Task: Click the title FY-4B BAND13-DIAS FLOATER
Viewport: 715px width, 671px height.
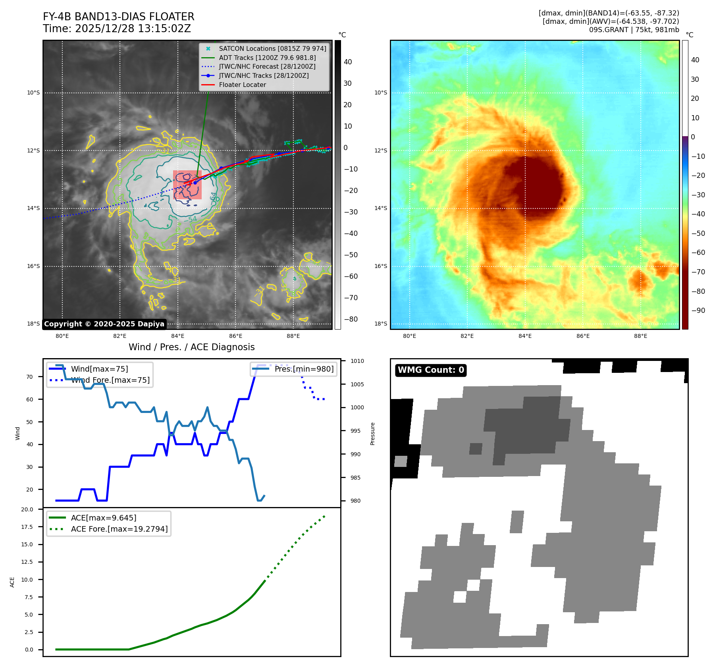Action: pyautogui.click(x=118, y=17)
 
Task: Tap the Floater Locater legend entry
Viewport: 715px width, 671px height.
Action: pyautogui.click(x=242, y=85)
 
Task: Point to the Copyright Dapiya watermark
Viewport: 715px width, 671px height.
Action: pyautogui.click(x=104, y=324)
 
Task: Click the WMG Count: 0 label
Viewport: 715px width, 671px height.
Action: pyautogui.click(x=431, y=370)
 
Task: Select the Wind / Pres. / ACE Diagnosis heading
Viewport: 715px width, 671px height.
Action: pyautogui.click(x=191, y=347)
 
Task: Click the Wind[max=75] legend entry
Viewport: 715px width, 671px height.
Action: pyautogui.click(x=99, y=369)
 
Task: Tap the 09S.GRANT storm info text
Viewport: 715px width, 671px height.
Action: pyautogui.click(x=634, y=30)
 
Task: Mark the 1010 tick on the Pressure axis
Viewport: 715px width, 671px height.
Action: pyautogui.click(x=357, y=361)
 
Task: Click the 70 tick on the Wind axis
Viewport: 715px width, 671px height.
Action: pyautogui.click(x=29, y=377)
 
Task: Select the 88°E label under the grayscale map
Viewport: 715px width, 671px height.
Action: pyautogui.click(x=293, y=336)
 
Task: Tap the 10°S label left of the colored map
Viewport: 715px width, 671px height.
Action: pyautogui.click(x=380, y=93)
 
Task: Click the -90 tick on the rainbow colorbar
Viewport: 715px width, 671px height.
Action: pyautogui.click(x=698, y=310)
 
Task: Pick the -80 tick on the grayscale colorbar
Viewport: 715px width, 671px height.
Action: pyautogui.click(x=351, y=319)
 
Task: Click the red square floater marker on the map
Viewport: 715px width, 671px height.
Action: pyautogui.click(x=187, y=185)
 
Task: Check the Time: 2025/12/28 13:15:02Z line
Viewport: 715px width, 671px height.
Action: pyautogui.click(x=117, y=29)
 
